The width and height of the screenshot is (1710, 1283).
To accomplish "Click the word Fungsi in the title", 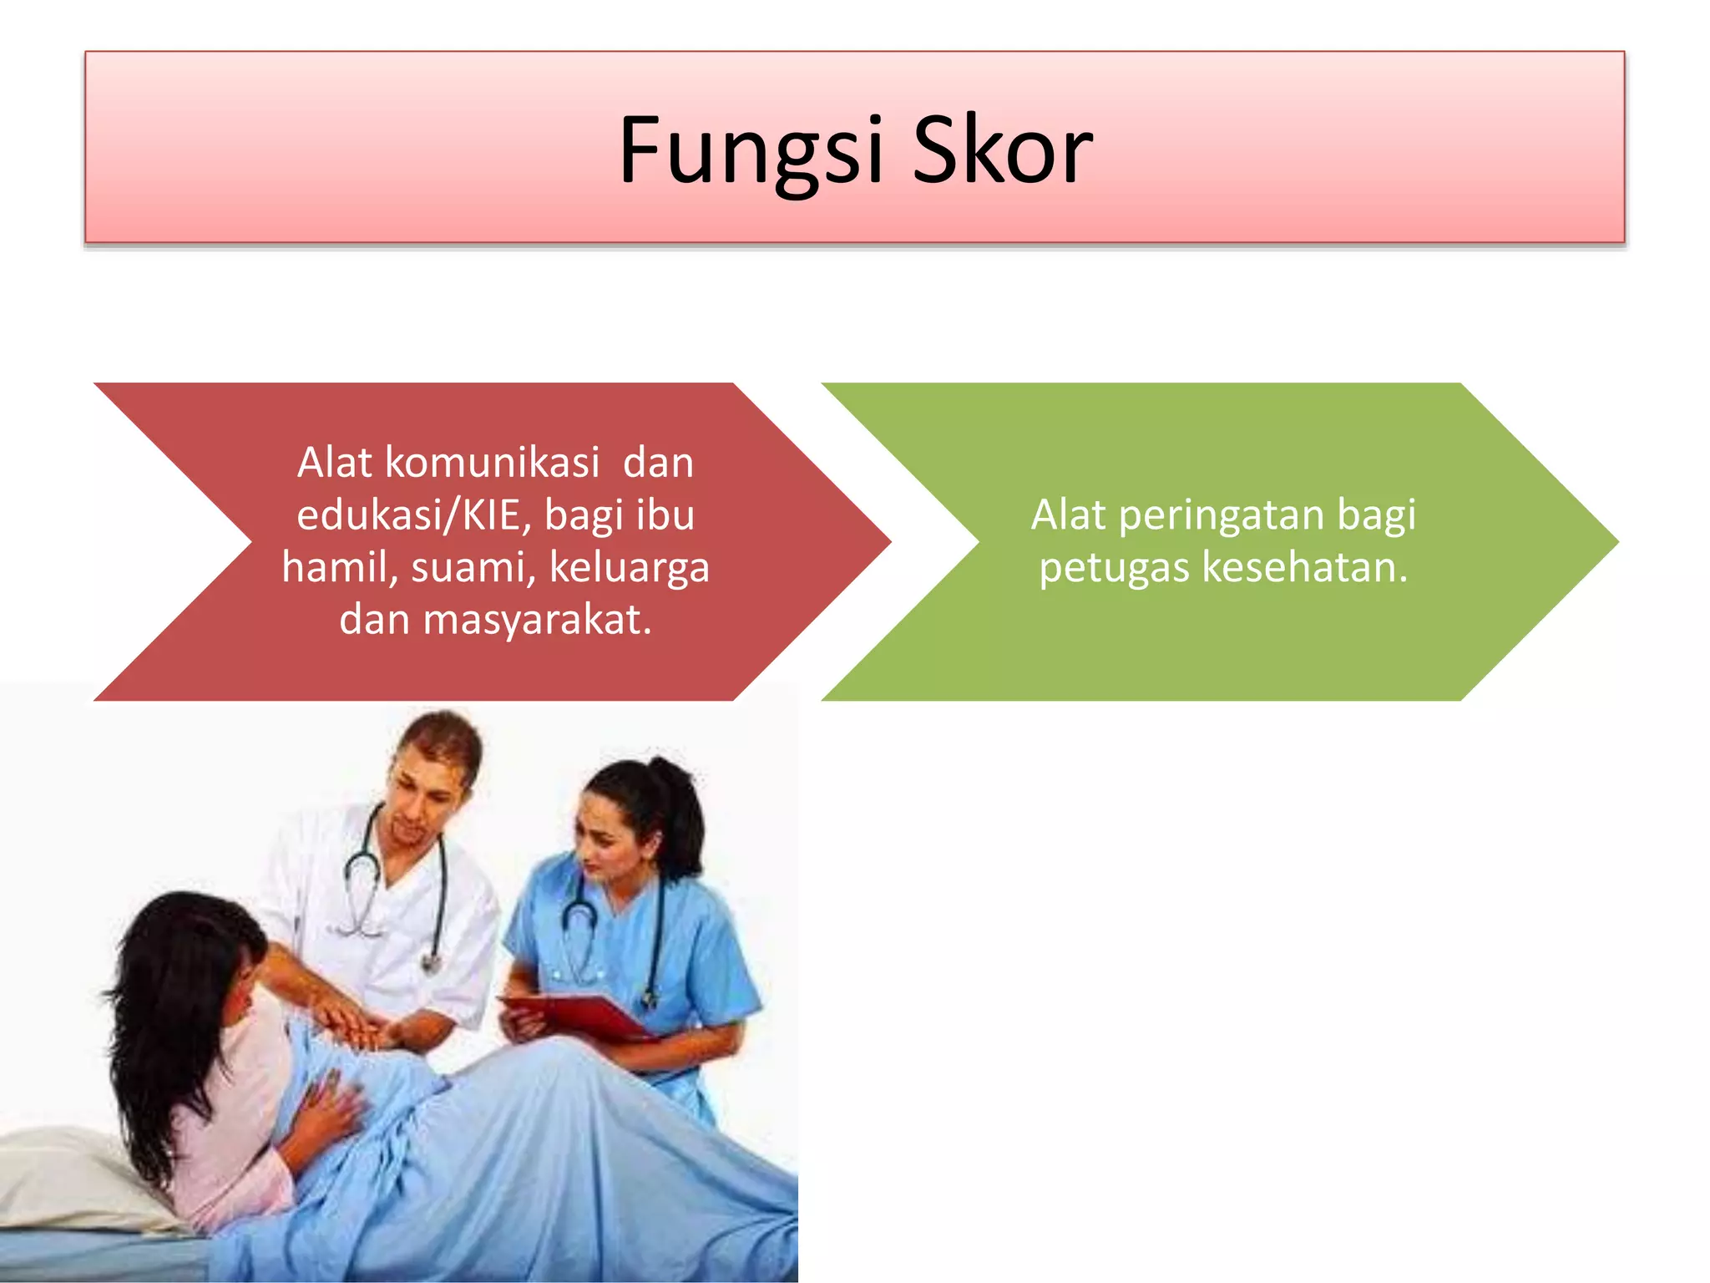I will click(750, 150).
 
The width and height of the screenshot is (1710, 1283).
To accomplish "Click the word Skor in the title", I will click(1002, 150).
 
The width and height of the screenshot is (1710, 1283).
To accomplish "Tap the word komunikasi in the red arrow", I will click(492, 462).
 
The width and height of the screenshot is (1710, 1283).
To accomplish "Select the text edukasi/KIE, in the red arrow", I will click(414, 515).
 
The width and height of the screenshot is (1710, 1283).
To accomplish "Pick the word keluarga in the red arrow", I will click(630, 567).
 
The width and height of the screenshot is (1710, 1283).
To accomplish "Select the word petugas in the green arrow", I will click(1114, 567).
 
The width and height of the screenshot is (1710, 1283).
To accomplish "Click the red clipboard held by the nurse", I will click(584, 1015).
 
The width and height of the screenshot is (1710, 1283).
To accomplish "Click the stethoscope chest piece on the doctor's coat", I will click(431, 964).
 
